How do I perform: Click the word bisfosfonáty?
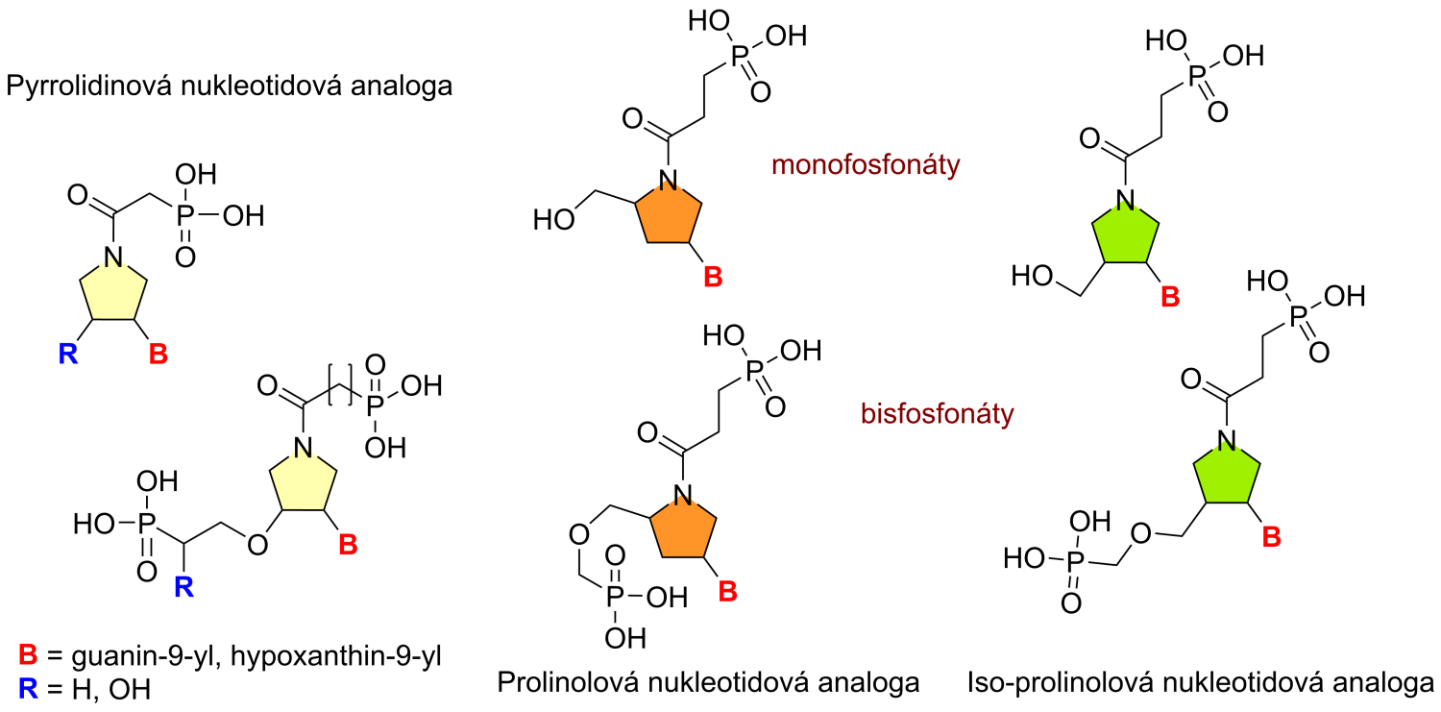coord(938,413)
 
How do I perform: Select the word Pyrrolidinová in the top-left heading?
coord(89,86)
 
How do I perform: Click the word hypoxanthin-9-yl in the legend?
coord(336,656)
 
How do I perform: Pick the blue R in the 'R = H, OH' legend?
coord(28,689)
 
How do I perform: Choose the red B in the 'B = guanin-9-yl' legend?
coord(28,654)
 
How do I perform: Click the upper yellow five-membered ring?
coord(113,291)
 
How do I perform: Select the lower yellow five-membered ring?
coord(303,481)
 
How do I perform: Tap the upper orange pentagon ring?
coord(669,214)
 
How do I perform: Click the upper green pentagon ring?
coord(1125,233)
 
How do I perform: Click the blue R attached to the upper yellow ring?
coord(68,354)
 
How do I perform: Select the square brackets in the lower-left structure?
coord(340,384)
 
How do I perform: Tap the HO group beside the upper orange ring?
coord(554,220)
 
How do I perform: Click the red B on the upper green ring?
coord(1170,297)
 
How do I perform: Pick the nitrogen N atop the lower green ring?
coord(1227,441)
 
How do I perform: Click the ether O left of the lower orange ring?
coord(579,534)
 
